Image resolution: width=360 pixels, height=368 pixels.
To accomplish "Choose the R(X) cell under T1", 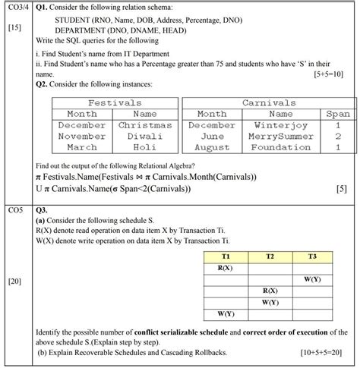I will click(226, 268).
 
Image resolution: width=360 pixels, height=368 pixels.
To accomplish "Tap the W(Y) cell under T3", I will click(312, 279).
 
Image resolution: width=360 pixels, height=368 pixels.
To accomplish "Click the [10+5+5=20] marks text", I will click(320, 353).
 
